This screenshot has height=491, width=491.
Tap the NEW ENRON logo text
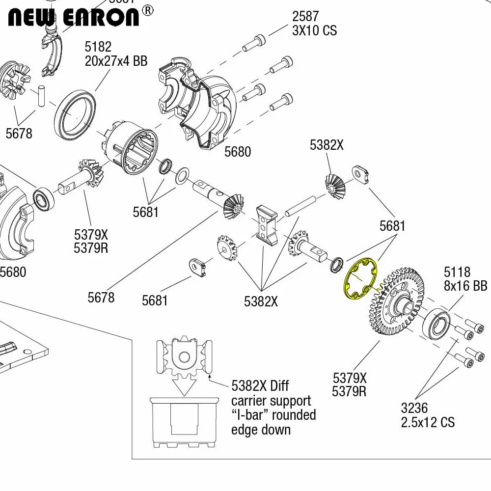coord(73,18)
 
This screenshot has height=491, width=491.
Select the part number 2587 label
coord(305,16)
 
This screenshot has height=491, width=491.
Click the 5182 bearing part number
coord(98,47)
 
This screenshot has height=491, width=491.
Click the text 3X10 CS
coord(314,30)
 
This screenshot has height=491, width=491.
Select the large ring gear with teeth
coord(396,300)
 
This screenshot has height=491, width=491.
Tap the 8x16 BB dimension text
coord(465,286)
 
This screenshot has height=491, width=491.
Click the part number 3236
coord(414,409)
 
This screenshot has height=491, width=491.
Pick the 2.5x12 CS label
coord(428,422)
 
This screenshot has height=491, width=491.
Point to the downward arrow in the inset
coord(184,387)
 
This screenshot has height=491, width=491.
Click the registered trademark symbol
coord(148,11)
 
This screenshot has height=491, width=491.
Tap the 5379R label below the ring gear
coord(349,392)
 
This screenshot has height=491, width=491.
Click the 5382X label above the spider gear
coord(327,145)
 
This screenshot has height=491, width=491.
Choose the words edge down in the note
coord(261,430)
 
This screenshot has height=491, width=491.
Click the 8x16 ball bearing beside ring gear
coord(436,324)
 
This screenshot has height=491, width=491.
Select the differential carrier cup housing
coord(130,147)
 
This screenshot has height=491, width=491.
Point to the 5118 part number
coord(457,272)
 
